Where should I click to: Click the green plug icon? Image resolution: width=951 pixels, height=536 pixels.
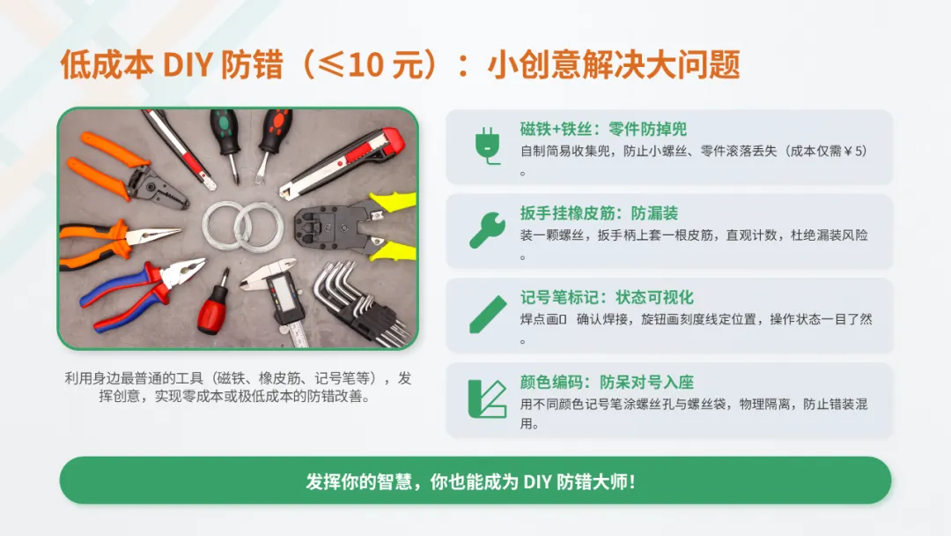488,145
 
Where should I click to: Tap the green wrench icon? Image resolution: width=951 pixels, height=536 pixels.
487,230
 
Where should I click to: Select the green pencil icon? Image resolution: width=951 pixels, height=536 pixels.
488,315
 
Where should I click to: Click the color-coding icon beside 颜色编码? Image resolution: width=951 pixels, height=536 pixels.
487,398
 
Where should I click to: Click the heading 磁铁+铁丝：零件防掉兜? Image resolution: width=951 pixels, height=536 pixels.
603,130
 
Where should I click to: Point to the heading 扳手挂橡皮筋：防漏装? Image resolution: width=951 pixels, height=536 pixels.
599,213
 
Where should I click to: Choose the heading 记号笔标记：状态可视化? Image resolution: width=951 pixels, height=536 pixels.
607,297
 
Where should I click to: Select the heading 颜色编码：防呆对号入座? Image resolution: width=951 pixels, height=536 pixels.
607,382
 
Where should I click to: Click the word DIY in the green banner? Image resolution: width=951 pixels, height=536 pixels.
537,482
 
